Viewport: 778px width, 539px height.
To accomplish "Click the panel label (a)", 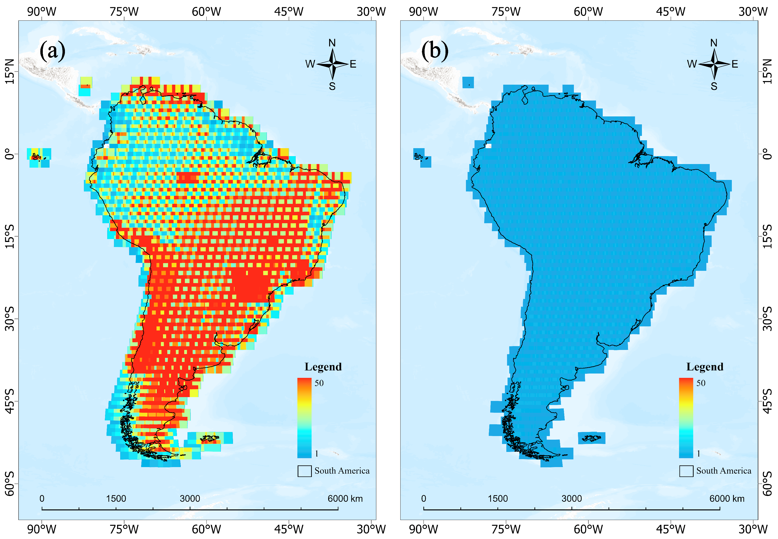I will tap(52, 51).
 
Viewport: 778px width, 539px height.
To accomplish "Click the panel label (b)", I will tap(435, 51).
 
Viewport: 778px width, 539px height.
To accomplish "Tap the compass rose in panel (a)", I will tap(333, 64).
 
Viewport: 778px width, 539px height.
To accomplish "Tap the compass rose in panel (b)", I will tap(714, 64).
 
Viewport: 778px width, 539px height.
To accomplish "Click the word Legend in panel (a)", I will tap(323, 367).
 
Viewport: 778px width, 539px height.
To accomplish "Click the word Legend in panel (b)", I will tap(705, 367).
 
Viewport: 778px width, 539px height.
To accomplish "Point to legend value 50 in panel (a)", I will tap(319, 383).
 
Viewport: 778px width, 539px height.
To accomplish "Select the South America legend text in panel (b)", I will tap(724, 471).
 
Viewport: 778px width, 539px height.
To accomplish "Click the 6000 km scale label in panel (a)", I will tap(345, 499).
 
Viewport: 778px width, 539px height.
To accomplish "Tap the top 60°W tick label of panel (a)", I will tap(206, 12).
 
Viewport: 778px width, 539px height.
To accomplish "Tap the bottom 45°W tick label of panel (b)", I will tap(671, 529).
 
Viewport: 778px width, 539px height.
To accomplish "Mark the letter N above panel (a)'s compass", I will tap(332, 43).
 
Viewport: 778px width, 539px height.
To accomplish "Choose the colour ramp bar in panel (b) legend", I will tap(686, 418).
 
